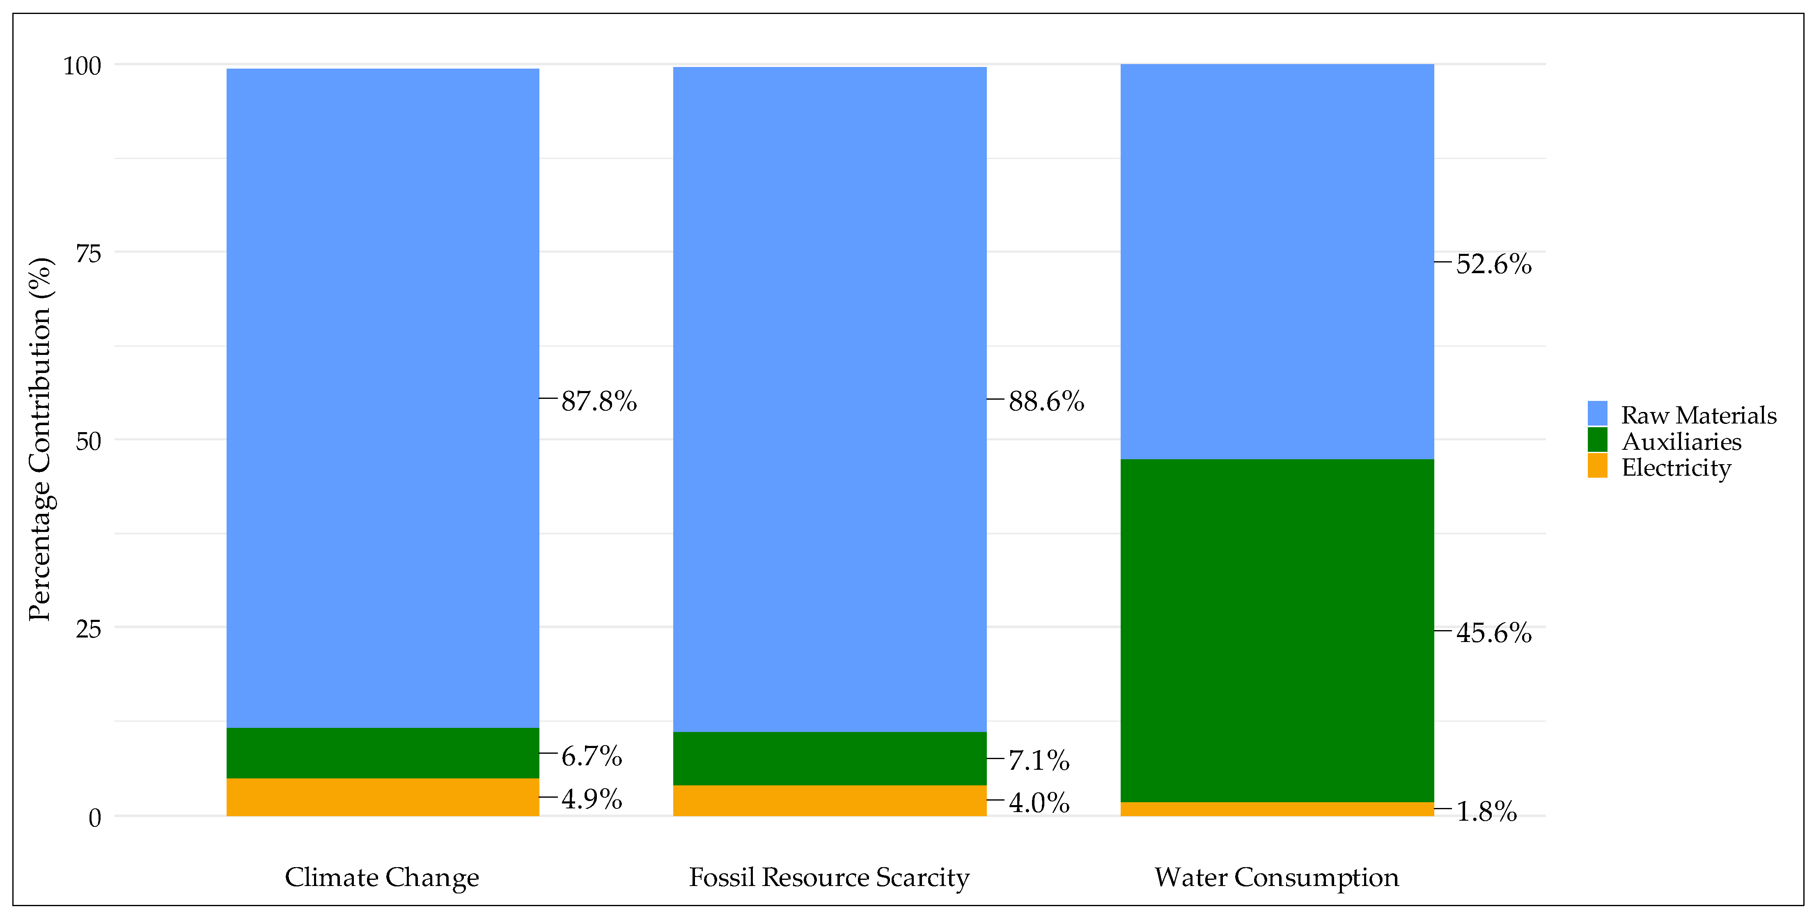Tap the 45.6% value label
[1493, 633]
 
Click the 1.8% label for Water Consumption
[1486, 812]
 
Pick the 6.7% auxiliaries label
[592, 756]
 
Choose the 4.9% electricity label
[592, 799]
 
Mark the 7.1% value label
[1039, 760]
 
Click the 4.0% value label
[1039, 803]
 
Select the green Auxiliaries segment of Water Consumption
[1277, 631]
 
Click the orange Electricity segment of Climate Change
[382, 797]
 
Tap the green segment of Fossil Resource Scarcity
[830, 758]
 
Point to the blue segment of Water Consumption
[1277, 261]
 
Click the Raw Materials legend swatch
[1598, 414]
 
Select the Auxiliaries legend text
[1681, 442]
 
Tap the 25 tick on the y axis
[89, 628]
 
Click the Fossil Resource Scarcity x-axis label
[829, 877]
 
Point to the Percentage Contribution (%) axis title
[40, 439]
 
